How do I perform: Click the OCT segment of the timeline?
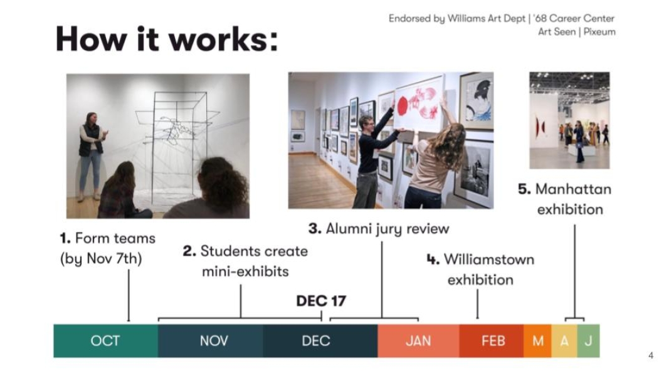coord(106,341)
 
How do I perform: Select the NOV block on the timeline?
coord(211,341)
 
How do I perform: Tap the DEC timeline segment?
coord(320,341)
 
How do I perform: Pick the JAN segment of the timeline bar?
coord(419,341)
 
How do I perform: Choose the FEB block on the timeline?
coord(492,341)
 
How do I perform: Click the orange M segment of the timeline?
coord(537,341)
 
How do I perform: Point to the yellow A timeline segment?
coord(564,341)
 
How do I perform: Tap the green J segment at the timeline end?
coord(588,341)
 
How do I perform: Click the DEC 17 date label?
coord(321,301)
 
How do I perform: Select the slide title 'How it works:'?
coord(166,39)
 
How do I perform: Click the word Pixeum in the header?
coord(599,32)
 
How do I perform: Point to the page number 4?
coord(651,355)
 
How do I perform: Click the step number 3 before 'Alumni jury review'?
coord(315,229)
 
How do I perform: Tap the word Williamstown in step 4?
coord(489,259)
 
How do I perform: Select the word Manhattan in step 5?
coord(574,189)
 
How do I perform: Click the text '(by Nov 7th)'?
coord(101,259)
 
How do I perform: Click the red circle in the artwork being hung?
coord(403,106)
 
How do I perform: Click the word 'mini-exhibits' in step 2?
coord(245,271)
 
